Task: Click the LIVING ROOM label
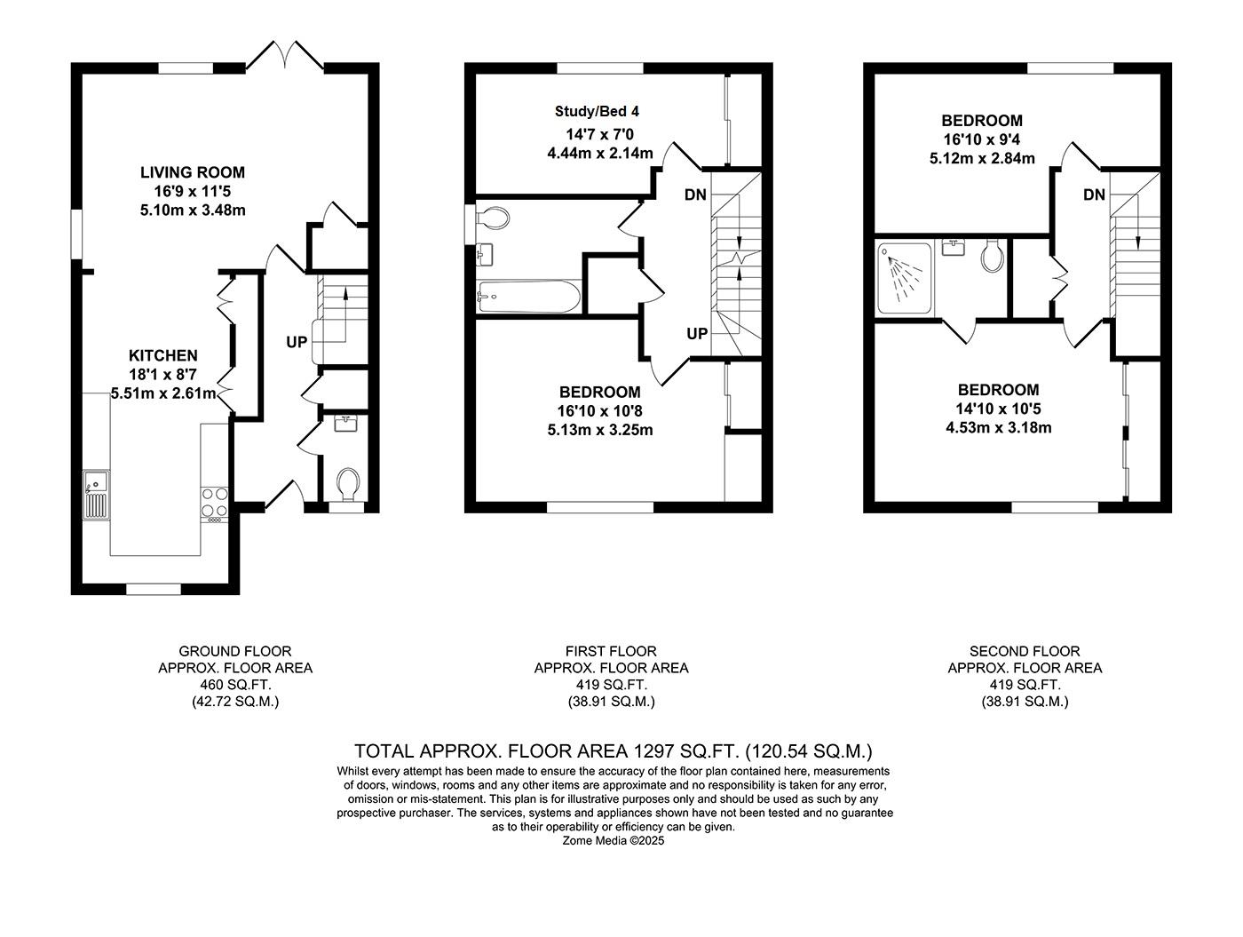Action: click(x=193, y=172)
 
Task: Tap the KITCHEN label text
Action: click(x=162, y=355)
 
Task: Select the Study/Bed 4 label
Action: click(x=597, y=111)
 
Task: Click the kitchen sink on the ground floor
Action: click(x=95, y=494)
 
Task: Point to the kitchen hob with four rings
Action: click(x=214, y=502)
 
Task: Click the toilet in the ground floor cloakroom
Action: click(x=346, y=485)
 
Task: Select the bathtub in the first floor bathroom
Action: click(x=528, y=298)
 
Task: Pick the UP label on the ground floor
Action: click(x=297, y=341)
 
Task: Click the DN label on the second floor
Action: click(x=1094, y=195)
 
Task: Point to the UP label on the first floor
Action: click(x=697, y=333)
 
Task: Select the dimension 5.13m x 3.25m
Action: click(x=600, y=430)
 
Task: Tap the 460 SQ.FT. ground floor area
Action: click(x=235, y=685)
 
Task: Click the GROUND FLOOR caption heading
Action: click(x=235, y=651)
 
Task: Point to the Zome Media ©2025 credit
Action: click(x=614, y=840)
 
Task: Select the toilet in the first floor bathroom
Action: click(x=493, y=218)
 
